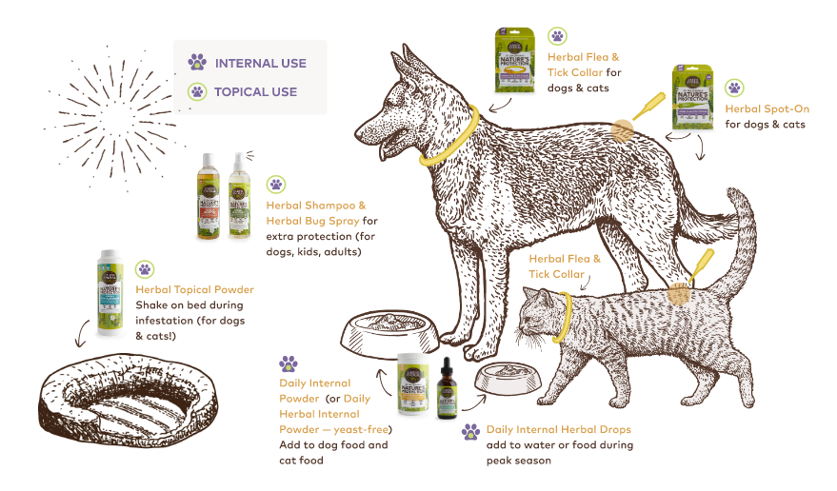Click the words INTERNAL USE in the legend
click(260, 64)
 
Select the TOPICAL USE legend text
click(255, 92)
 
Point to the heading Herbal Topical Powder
click(194, 289)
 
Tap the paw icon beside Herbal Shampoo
click(275, 185)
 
